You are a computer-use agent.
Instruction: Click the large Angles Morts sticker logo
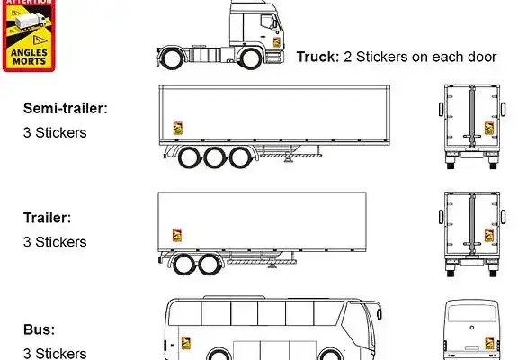(29, 35)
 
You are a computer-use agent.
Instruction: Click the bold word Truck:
(318, 57)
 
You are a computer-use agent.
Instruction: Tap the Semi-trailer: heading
(66, 109)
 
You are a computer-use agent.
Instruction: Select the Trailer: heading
(48, 218)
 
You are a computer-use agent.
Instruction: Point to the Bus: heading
(39, 329)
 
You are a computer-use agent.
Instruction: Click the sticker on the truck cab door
(277, 42)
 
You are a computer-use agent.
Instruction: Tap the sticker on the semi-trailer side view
(178, 128)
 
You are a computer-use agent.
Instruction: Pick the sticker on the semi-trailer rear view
(489, 128)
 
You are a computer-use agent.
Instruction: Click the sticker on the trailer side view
(177, 235)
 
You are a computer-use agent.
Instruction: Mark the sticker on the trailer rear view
(489, 235)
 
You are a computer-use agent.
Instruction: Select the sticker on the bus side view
(186, 343)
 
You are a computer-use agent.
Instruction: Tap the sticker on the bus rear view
(490, 343)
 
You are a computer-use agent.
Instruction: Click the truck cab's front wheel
(251, 58)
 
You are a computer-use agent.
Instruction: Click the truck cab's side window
(268, 22)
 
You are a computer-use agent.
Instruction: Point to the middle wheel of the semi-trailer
(214, 157)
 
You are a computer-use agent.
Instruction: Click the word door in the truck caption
(480, 57)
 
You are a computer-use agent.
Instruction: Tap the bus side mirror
(380, 313)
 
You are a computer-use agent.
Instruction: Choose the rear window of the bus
(472, 313)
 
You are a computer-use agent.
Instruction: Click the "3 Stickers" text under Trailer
(55, 242)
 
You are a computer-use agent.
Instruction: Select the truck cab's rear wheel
(173, 58)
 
